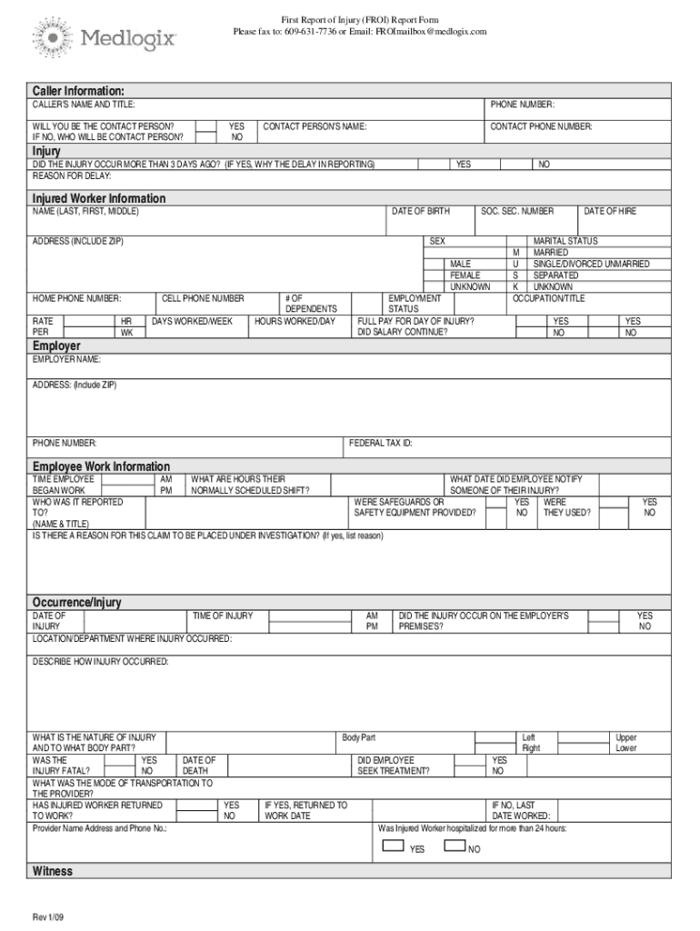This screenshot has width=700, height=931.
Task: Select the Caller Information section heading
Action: click(78, 90)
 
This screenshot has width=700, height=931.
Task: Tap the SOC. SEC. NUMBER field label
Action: click(517, 211)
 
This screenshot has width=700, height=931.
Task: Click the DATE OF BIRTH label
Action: click(420, 211)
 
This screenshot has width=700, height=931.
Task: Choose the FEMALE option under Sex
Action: click(465, 275)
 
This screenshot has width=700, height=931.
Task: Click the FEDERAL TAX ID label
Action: click(381, 443)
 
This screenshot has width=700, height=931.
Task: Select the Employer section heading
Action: click(56, 345)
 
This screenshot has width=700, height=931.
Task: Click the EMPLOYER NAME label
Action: click(67, 360)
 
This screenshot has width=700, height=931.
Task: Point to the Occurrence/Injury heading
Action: click(77, 602)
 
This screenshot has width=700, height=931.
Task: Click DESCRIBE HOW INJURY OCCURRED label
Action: click(101, 661)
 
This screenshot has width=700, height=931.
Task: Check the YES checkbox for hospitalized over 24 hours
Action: click(393, 846)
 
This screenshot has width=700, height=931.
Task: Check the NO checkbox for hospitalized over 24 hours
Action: click(455, 846)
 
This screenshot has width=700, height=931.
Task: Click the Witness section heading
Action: click(53, 871)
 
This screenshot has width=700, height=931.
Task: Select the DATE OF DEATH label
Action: click(199, 766)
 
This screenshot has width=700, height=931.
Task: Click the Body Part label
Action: click(358, 736)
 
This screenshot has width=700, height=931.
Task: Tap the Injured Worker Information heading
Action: click(99, 197)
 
